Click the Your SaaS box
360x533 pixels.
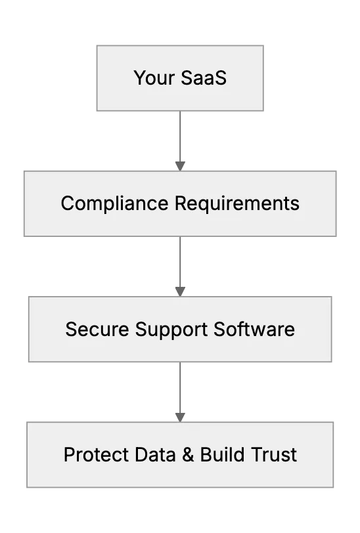tap(180, 78)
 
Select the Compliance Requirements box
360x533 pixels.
tap(180, 203)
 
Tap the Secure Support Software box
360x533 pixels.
tap(180, 329)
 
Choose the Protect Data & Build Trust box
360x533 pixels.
tap(180, 455)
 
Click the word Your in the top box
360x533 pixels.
tap(154, 78)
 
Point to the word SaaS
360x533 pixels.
tap(204, 77)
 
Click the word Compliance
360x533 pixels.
tap(115, 204)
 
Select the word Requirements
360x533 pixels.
tap(237, 204)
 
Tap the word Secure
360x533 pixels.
tap(97, 329)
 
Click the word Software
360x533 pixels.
tap(254, 329)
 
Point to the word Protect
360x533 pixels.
tap(97, 455)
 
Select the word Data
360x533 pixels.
tap(155, 455)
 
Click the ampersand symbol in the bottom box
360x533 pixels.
tap(188, 455)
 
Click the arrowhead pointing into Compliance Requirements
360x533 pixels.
tap(180, 166)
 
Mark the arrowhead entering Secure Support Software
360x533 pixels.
tap(180, 291)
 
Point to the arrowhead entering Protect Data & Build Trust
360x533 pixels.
tap(180, 417)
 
